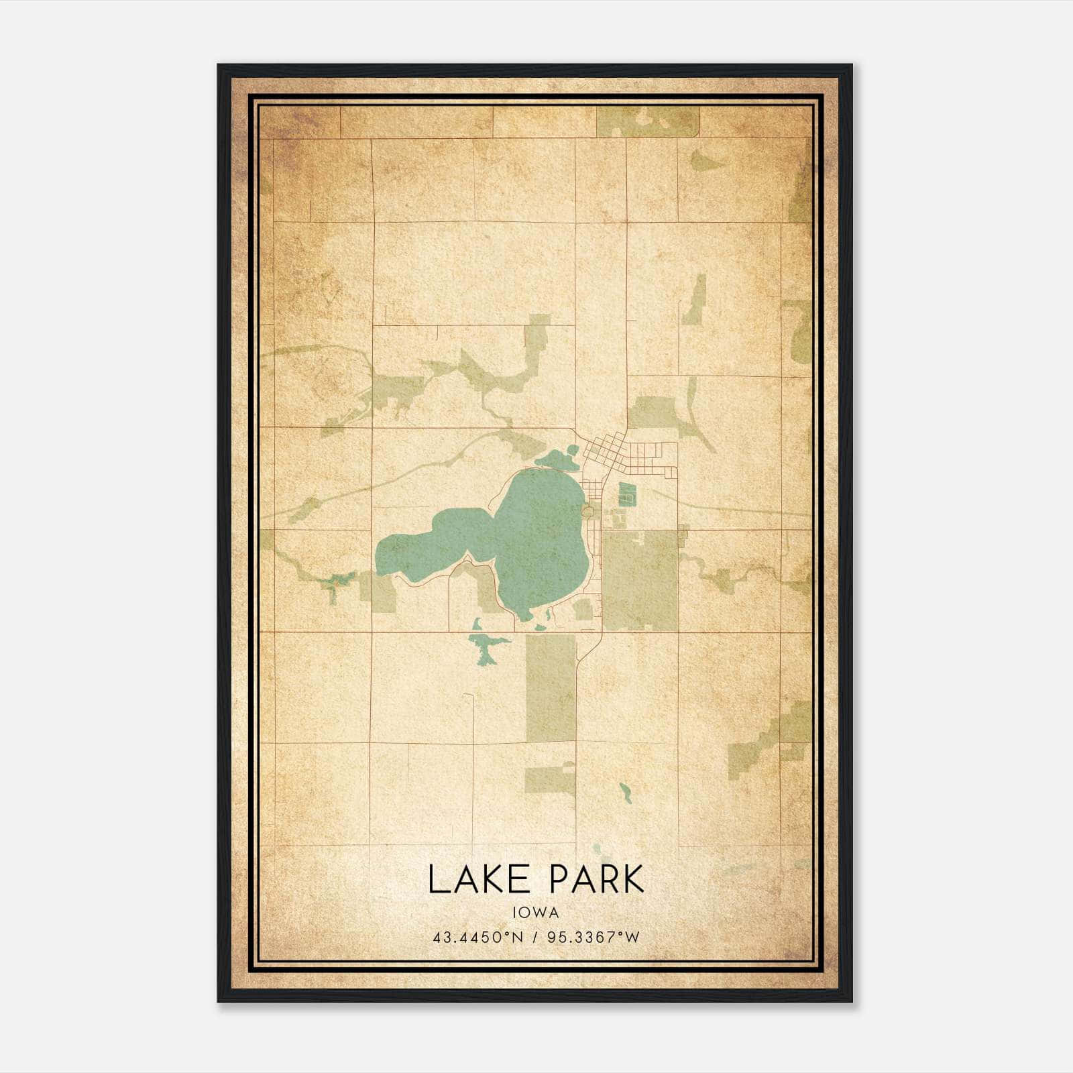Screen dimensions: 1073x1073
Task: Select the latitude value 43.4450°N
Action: tap(477, 937)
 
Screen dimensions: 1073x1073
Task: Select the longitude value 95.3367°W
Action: tap(594, 937)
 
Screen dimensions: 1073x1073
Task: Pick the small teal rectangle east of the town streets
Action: tap(626, 494)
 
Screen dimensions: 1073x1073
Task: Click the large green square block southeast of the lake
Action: tap(640, 580)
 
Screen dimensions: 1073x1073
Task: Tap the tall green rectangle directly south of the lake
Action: tap(551, 687)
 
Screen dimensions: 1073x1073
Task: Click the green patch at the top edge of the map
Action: tap(647, 121)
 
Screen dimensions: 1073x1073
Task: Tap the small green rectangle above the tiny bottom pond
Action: tap(550, 778)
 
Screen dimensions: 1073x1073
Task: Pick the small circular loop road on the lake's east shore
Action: tap(589, 512)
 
